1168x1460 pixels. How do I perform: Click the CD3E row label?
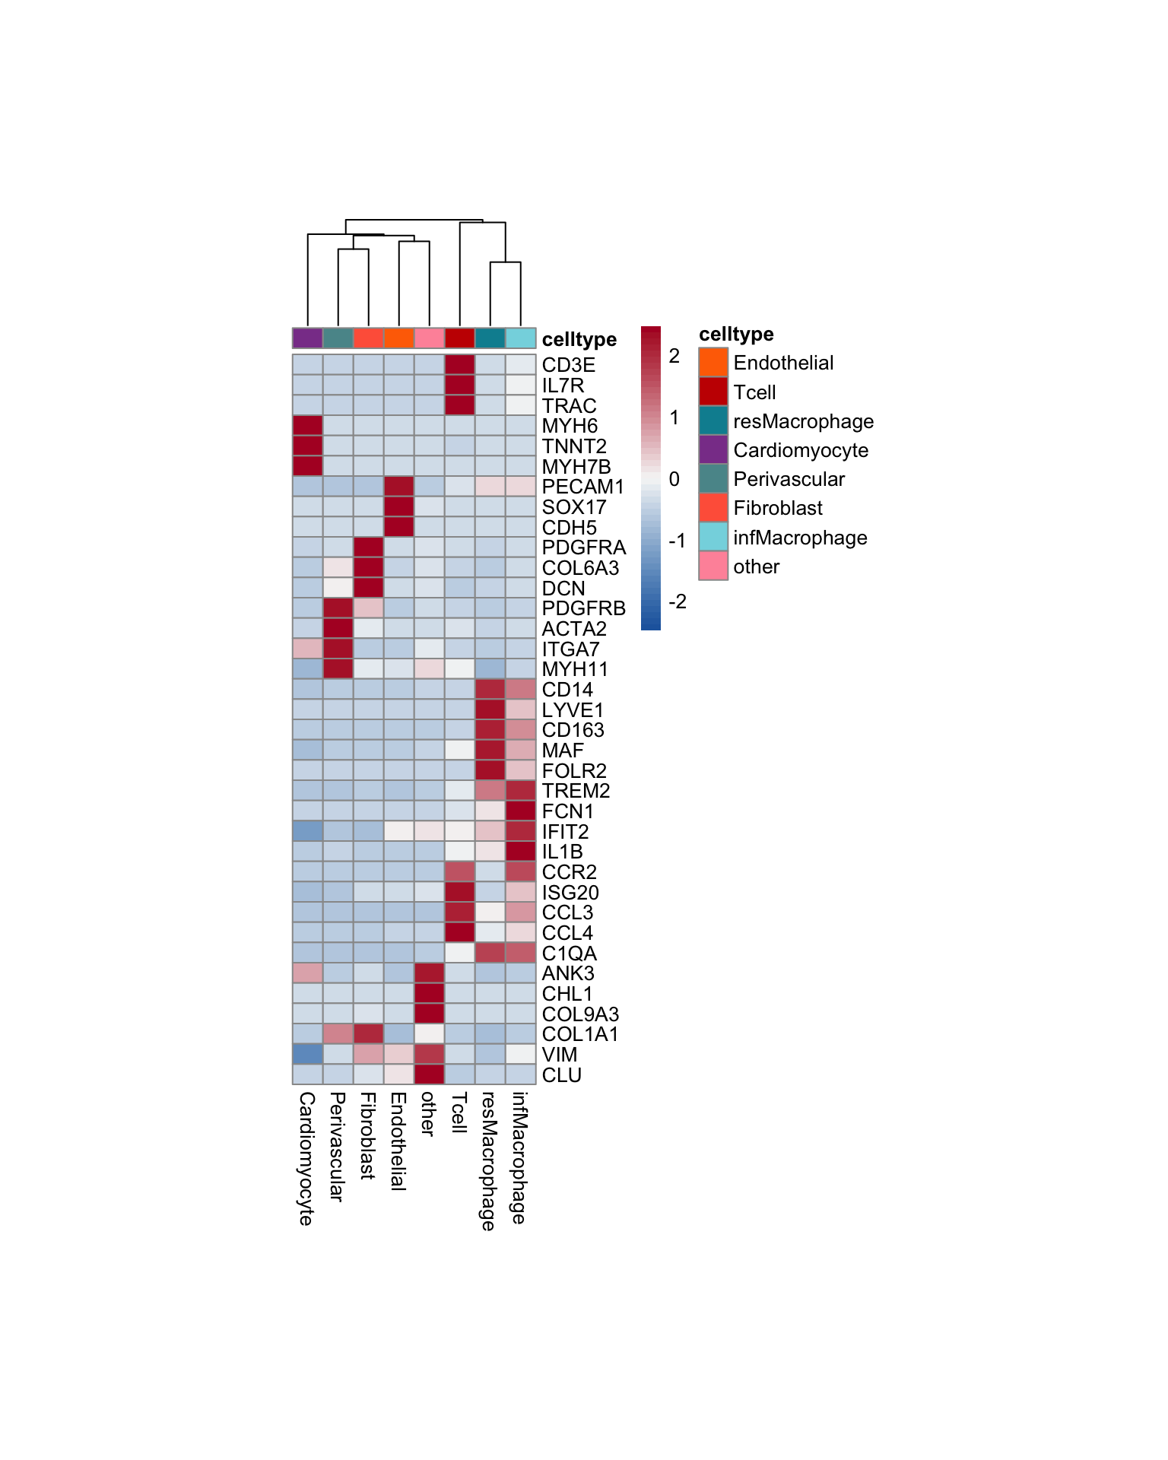[568, 365]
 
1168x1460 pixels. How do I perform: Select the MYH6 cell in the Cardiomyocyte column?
[308, 426]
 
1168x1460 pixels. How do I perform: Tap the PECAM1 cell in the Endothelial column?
[399, 487]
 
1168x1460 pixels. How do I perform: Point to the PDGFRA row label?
[583, 547]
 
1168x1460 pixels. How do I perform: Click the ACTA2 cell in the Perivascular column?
[338, 629]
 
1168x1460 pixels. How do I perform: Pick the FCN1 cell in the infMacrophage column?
[521, 811]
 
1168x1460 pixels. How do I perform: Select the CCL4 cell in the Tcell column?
[460, 933]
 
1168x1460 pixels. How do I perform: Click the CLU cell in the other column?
[430, 1074]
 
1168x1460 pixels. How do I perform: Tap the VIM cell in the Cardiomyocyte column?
[308, 1055]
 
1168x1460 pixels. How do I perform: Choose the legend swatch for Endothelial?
[713, 363]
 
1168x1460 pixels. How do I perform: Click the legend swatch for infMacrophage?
[713, 537]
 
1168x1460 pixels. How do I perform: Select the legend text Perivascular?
[789, 479]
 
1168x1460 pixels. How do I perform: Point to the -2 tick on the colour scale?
[677, 601]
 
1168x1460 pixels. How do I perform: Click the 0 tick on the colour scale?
[674, 479]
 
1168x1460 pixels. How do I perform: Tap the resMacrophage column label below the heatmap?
[488, 1160]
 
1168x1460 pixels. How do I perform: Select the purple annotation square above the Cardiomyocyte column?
[308, 338]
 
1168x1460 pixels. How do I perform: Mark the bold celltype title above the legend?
[736, 334]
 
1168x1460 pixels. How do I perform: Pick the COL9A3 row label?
[580, 1014]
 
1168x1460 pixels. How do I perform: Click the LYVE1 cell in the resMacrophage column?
[490, 709]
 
